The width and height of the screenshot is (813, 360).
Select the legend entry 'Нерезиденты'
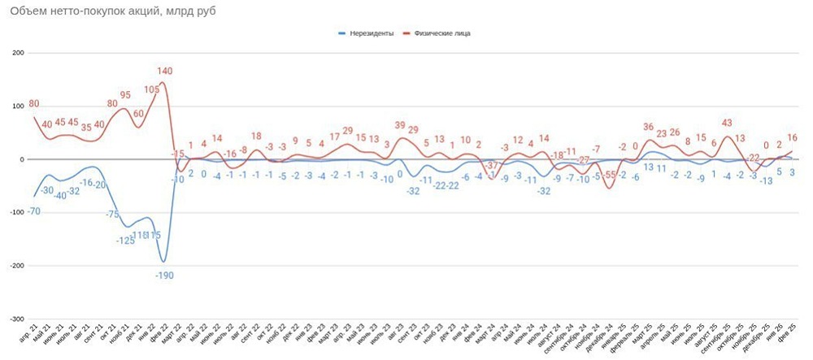pyautogui.click(x=371, y=33)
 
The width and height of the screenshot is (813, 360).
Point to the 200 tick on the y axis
pyautogui.click(x=19, y=53)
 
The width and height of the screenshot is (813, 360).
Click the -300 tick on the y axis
pyautogui.click(x=17, y=319)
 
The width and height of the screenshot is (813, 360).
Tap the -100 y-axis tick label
pyautogui.click(x=17, y=213)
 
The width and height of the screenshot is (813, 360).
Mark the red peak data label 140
pyautogui.click(x=166, y=71)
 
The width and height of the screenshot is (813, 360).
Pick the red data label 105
pyautogui.click(x=151, y=89)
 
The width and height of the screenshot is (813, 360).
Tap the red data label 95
pyautogui.click(x=125, y=95)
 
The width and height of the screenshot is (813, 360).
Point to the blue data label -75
pyautogui.click(x=112, y=214)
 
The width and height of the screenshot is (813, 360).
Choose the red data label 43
pyautogui.click(x=727, y=123)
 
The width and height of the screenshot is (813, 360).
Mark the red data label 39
pyautogui.click(x=399, y=125)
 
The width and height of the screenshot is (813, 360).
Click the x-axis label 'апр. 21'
pyautogui.click(x=26, y=336)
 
